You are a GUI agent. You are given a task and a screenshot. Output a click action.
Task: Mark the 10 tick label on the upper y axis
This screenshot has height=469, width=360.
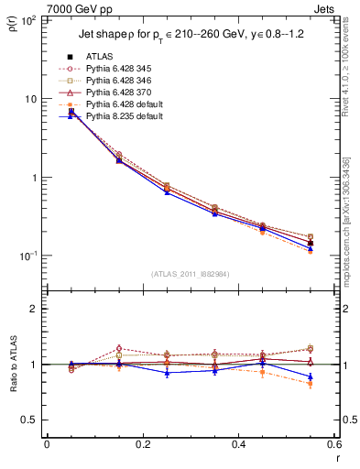click(x=31, y=99)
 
